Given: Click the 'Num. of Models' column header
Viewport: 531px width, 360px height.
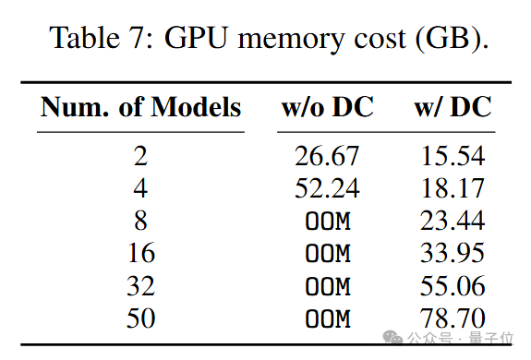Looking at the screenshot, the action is pos(140,107).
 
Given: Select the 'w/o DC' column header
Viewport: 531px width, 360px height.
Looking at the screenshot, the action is pos(328,107).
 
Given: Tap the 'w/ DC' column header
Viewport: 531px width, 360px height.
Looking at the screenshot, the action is pos(453,107).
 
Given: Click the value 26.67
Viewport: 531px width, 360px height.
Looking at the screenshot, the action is pos(327,156).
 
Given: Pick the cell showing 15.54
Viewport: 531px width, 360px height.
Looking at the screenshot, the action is pos(453,156).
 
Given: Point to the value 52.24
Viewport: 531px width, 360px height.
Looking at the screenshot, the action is pos(327,188).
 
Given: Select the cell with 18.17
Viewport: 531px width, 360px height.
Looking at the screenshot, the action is pos(453,188).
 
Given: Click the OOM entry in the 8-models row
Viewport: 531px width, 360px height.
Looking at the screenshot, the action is pos(328,222).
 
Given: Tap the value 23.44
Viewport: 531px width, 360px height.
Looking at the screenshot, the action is pos(453,221).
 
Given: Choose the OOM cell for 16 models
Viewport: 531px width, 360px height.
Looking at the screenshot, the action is pos(328,254).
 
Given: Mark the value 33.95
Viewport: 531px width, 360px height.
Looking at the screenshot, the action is pos(453,253).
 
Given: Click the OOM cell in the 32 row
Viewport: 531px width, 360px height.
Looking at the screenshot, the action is pos(328,286).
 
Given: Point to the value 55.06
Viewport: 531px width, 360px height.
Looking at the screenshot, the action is pos(453,286).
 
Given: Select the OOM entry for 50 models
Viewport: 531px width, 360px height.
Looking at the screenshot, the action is pos(328,318).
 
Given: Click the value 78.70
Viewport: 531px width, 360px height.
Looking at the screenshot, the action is pos(453,318).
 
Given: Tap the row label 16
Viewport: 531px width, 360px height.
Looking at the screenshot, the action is pos(141,253).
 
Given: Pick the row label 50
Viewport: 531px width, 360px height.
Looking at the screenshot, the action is pos(141,318).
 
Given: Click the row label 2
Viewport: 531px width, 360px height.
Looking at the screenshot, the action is pos(140,156).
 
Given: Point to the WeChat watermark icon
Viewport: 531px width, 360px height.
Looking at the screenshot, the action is pos(392,338).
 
